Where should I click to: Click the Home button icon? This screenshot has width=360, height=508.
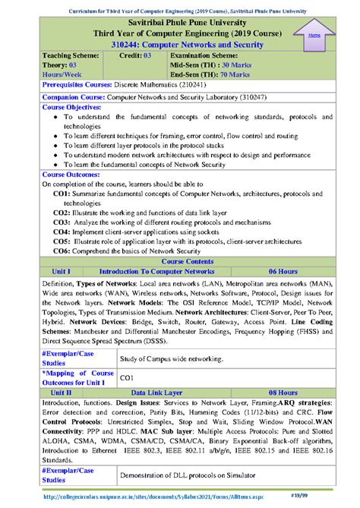[313, 34]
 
